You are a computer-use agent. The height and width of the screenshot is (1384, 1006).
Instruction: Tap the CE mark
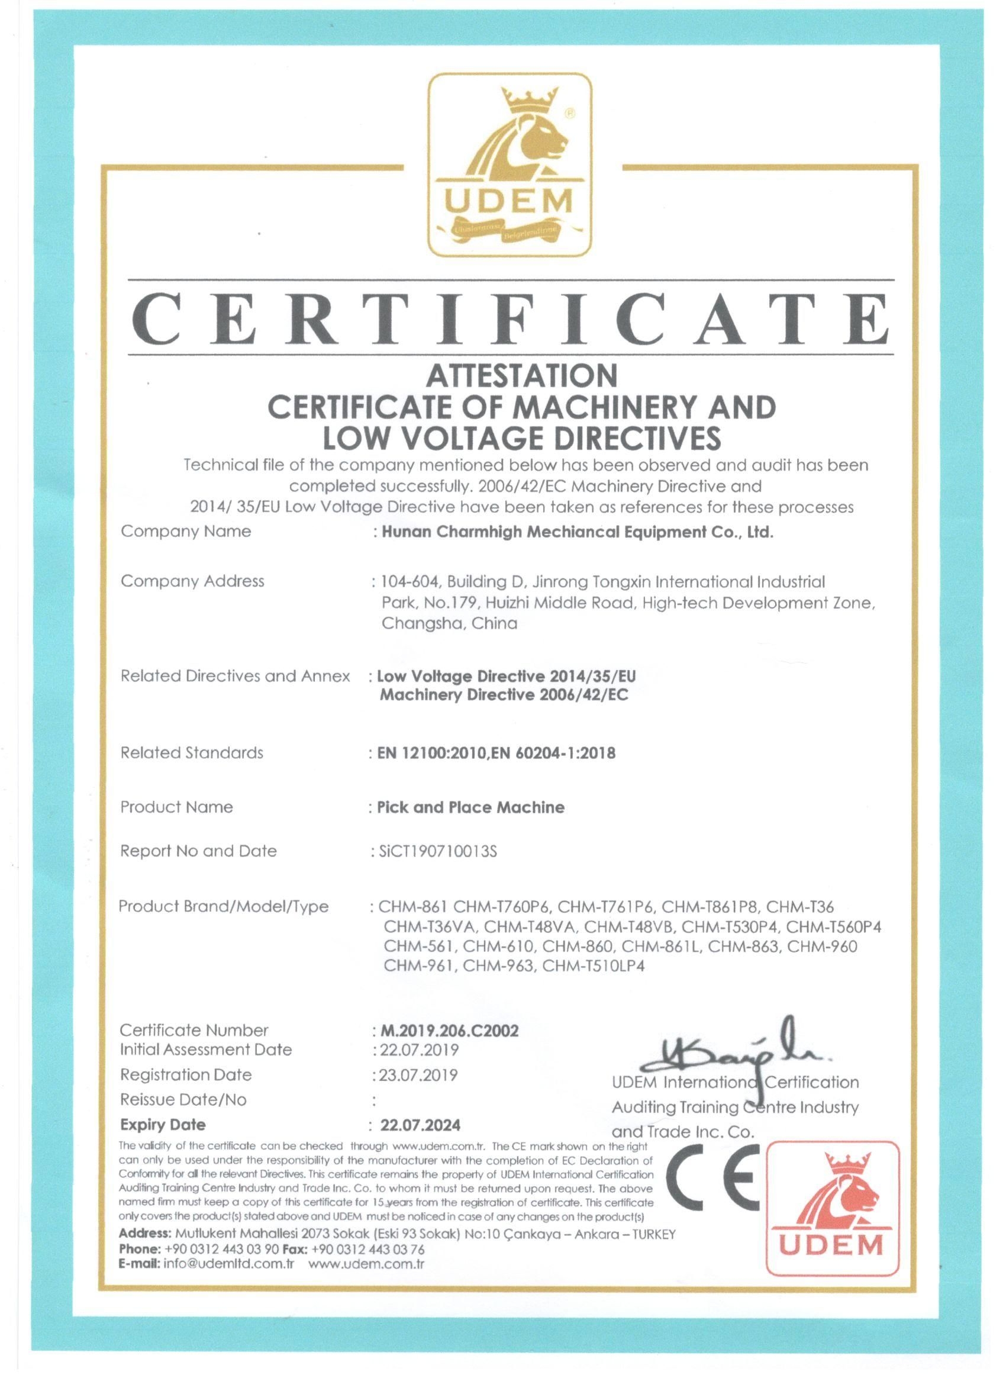[x=712, y=1178]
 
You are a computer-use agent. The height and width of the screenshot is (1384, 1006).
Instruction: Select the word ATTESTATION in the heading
[x=521, y=375]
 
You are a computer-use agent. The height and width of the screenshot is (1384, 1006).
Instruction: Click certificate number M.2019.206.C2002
[x=450, y=1031]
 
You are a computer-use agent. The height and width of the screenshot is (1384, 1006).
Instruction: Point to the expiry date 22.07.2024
[x=420, y=1124]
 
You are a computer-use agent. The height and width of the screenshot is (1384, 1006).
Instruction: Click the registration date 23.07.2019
[x=418, y=1074]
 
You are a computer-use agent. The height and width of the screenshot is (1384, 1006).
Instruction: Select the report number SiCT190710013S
[x=437, y=851]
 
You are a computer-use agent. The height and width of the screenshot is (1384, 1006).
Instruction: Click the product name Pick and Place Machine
[x=470, y=807]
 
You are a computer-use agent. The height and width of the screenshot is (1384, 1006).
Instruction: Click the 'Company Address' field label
[x=192, y=581]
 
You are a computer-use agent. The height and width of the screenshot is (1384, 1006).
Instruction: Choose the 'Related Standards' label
[x=192, y=752]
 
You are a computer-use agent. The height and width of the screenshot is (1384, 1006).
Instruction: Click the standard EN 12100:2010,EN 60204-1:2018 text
[x=496, y=753]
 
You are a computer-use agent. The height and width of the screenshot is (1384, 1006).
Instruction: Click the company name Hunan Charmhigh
[x=577, y=532]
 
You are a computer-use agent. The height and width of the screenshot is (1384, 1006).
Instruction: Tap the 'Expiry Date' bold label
[x=163, y=1124]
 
